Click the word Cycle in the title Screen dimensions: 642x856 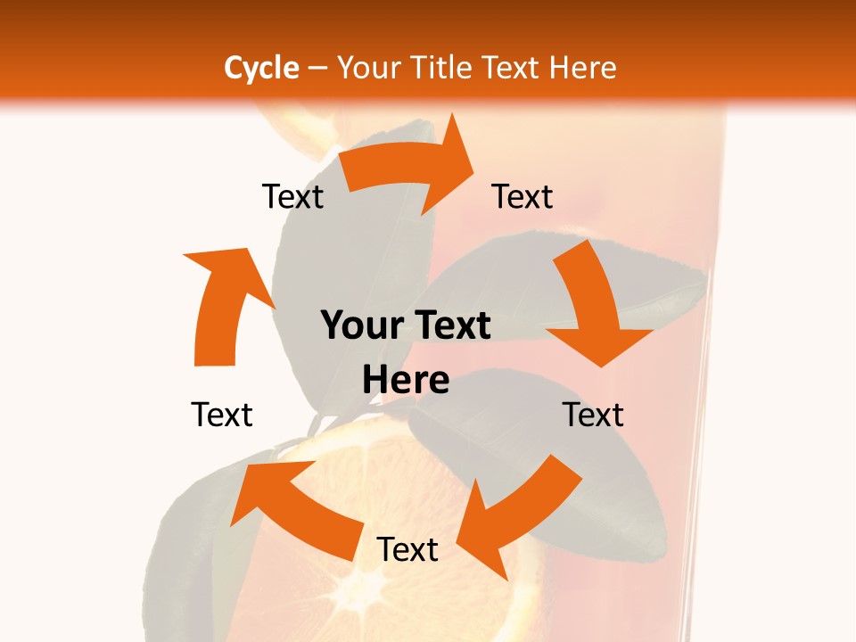[x=261, y=68]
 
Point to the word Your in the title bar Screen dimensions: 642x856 [x=368, y=68]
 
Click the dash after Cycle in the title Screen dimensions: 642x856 [x=317, y=69]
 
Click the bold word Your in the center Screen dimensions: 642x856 [x=361, y=326]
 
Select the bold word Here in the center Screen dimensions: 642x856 [x=406, y=381]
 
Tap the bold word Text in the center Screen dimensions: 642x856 [x=451, y=326]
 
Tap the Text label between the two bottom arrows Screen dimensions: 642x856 [x=407, y=550]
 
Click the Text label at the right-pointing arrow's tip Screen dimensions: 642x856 [x=523, y=197]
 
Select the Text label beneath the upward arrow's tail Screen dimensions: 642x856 [x=222, y=415]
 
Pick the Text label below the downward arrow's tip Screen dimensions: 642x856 [x=593, y=415]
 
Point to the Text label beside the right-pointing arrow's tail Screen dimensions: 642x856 [x=292, y=197]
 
